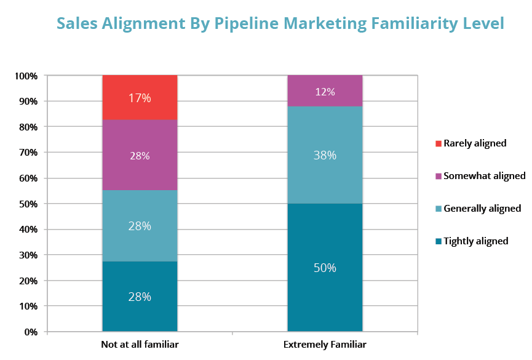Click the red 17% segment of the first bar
[140, 97]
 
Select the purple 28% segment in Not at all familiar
[140, 155]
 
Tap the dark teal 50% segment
[325, 268]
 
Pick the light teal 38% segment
[325, 155]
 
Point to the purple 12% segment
[325, 92]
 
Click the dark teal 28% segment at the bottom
[140, 297]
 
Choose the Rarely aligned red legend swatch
[438, 143]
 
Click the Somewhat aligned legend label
[485, 176]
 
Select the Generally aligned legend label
[482, 209]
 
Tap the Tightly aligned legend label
[476, 241]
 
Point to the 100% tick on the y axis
[26, 76]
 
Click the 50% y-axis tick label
[28, 204]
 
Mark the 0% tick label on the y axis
[31, 332]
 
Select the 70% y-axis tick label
[28, 153]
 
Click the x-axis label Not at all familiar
[140, 345]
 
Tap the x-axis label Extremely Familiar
[325, 345]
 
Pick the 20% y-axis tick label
[28, 281]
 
